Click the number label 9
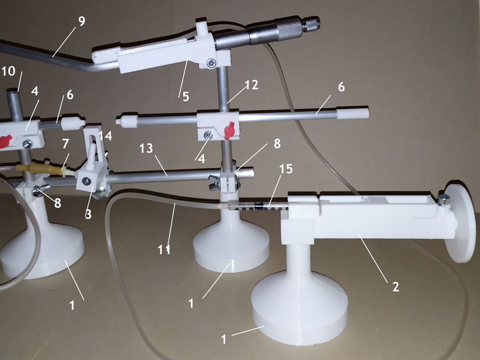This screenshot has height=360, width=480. point(82,21)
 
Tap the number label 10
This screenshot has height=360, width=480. point(8,71)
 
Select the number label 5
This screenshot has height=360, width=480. point(186,97)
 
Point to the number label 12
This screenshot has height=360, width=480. point(251,85)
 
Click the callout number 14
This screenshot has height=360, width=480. point(105,136)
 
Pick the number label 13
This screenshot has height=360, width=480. point(146,148)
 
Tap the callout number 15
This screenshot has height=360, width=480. point(286,169)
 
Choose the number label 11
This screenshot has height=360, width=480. point(164,250)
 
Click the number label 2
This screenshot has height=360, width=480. point(396,287)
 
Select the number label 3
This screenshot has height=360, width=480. point(88,214)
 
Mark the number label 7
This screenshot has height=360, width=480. point(66,143)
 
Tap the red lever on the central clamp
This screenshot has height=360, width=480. point(230,131)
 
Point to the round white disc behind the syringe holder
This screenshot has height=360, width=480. point(460,222)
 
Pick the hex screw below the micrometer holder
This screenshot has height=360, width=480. point(211,63)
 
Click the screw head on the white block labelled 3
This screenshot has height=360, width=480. point(87,181)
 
